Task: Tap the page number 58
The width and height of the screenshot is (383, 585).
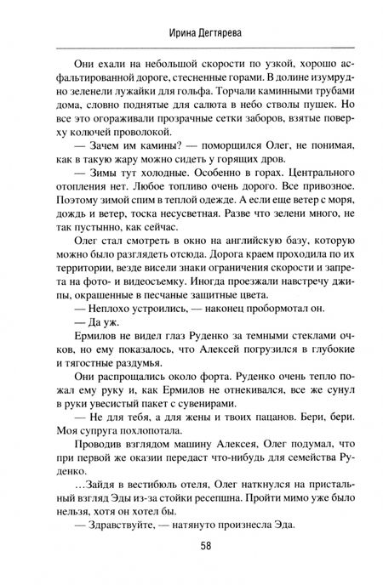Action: [x=191, y=568]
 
